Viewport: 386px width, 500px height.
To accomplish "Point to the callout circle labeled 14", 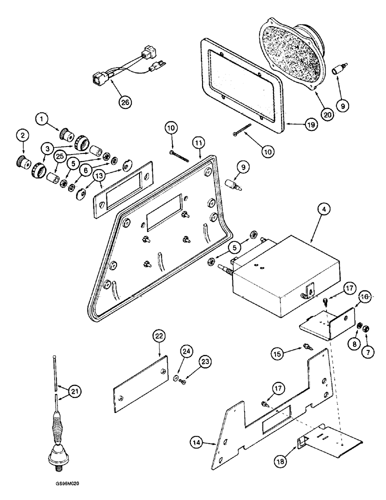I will click(197, 441).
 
